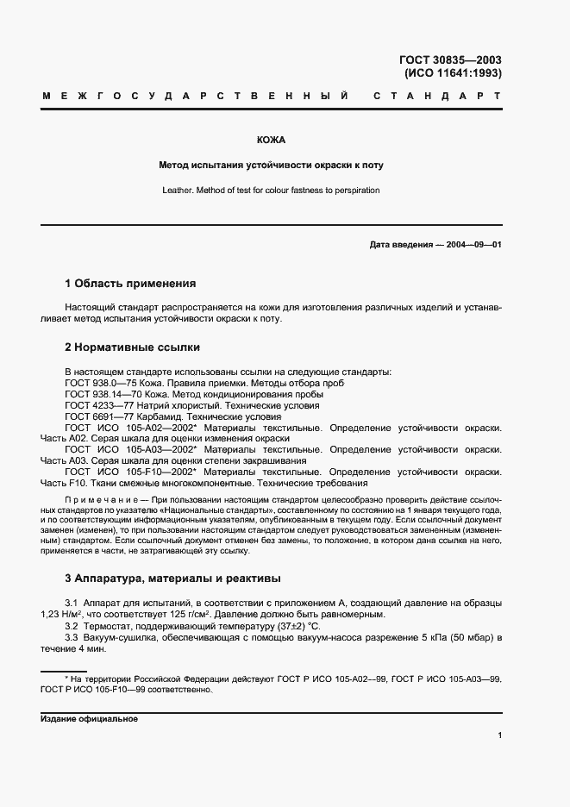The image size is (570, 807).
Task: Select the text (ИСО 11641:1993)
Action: pos(453,74)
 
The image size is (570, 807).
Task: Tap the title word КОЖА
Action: pos(271,140)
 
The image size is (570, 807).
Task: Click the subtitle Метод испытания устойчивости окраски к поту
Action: pos(271,165)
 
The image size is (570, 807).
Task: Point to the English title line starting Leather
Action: pos(271,190)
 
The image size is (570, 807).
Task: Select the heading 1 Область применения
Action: pos(130,283)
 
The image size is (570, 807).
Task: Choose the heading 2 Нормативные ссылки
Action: pos(132,347)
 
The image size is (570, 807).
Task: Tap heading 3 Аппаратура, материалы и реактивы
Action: pos(172,578)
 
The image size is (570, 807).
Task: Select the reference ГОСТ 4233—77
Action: pos(93,405)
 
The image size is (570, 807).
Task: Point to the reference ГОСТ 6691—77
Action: pos(93,416)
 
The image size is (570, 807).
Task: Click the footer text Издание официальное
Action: pos(90,718)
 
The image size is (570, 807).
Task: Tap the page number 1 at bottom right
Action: pos(499,735)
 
